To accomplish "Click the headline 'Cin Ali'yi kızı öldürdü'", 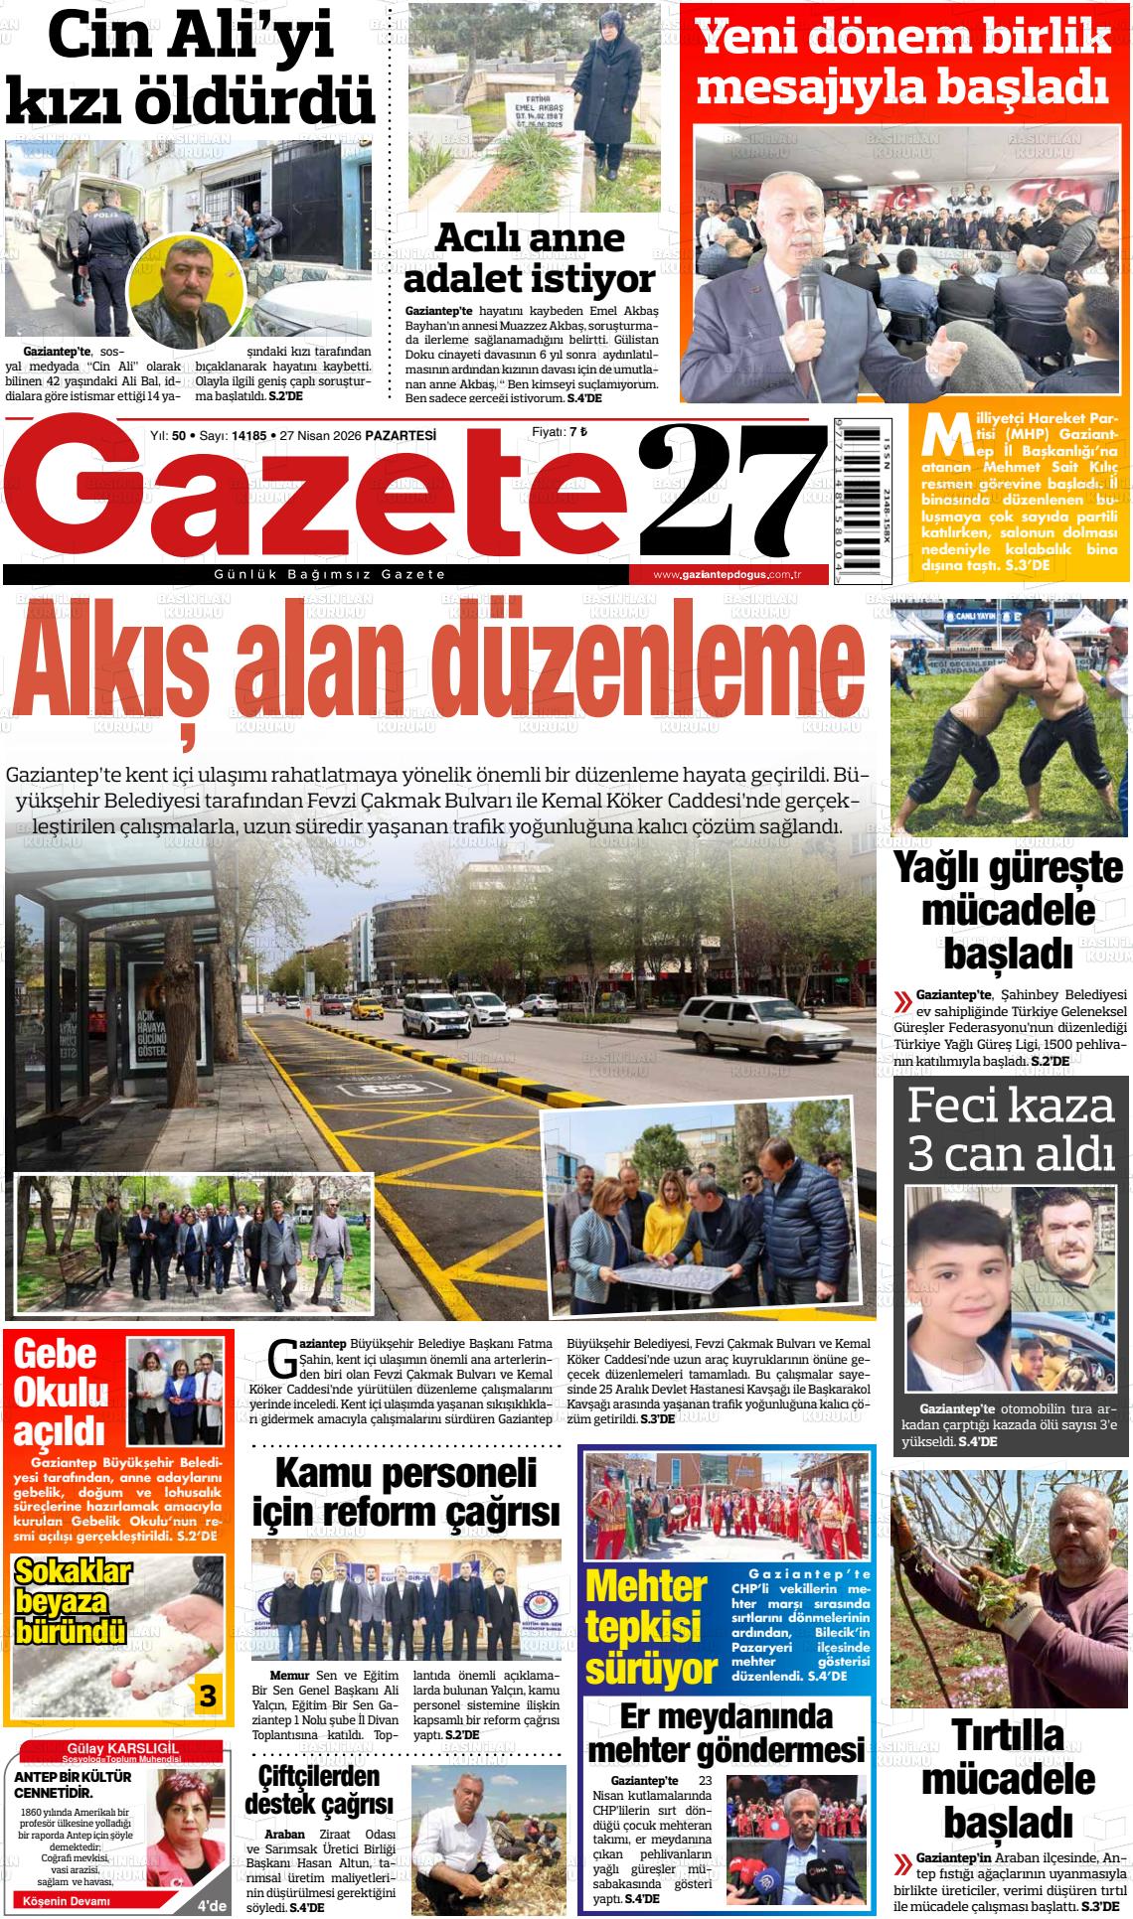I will coord(190,70).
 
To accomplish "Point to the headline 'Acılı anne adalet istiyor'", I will coord(529,257).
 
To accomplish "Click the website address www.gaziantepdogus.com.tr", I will coord(728,575).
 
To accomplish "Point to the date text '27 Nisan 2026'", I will coord(320,435).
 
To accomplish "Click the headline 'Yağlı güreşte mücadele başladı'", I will coord(1008,910).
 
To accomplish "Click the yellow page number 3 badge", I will coord(207,1696).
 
